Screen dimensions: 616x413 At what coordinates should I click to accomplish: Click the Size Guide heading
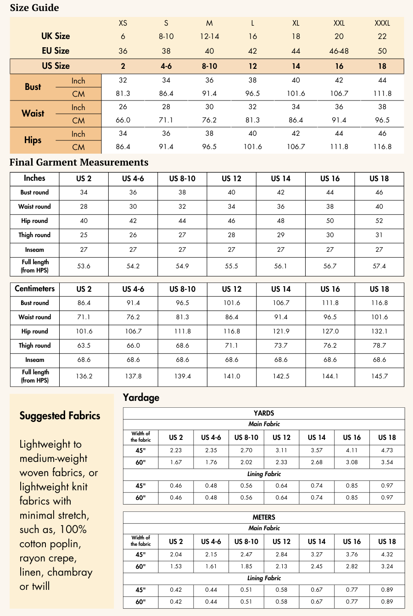tap(34, 8)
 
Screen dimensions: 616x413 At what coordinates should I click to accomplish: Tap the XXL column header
tap(339, 23)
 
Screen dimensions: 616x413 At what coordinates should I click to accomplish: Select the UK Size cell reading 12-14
tap(209, 36)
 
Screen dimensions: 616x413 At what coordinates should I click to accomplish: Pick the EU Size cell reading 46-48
tap(339, 51)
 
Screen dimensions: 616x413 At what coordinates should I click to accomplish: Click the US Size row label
tap(56, 66)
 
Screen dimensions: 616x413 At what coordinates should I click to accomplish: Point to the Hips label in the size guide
tap(33, 140)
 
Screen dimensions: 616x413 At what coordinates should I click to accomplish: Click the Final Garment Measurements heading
tap(79, 162)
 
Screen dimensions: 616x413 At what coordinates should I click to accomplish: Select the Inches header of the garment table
tap(34, 178)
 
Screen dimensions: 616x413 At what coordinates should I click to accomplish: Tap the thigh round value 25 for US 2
tap(84, 235)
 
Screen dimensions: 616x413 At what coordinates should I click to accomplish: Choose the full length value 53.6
tap(84, 266)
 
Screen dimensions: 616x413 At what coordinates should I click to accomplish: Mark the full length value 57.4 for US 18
tap(379, 266)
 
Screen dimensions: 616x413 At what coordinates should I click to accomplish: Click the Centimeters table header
tap(34, 289)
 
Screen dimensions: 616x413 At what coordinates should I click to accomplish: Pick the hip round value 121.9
tap(281, 331)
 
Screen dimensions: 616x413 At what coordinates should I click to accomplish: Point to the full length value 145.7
tap(379, 376)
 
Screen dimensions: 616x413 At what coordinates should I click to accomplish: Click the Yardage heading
tap(141, 398)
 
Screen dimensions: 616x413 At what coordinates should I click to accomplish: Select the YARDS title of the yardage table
tap(264, 413)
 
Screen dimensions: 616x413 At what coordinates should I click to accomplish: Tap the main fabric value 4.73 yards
tap(387, 450)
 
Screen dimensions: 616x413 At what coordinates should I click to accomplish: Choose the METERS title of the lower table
tap(264, 517)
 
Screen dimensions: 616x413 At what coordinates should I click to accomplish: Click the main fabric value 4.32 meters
tap(387, 555)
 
